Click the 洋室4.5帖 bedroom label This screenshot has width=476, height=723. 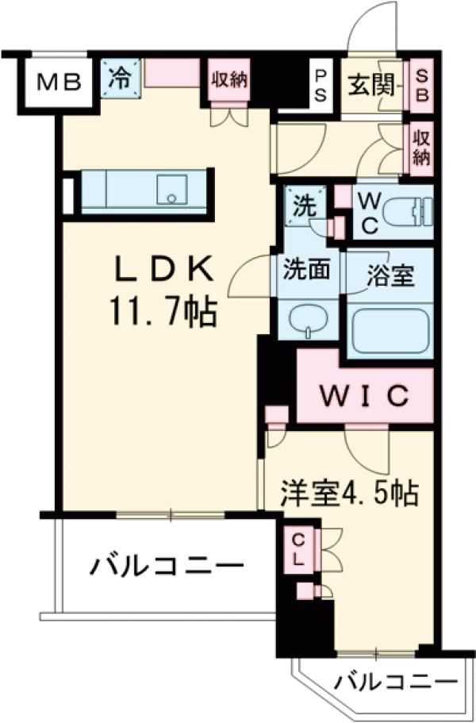pyautogui.click(x=348, y=494)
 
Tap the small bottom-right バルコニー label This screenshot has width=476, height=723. pyautogui.click(x=394, y=682)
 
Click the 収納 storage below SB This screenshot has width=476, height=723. pyautogui.click(x=421, y=146)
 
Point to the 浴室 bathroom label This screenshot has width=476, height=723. pyautogui.click(x=390, y=278)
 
